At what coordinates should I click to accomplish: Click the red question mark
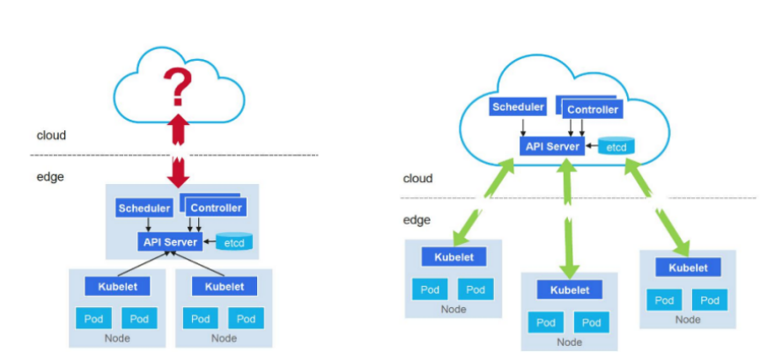click(x=177, y=86)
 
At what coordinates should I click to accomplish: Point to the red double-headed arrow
click(x=179, y=151)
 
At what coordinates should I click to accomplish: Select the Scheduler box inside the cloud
click(x=518, y=107)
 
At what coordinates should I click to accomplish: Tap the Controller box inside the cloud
click(x=593, y=110)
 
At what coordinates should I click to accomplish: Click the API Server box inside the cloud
click(x=552, y=146)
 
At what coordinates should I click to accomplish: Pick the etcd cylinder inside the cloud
click(x=616, y=145)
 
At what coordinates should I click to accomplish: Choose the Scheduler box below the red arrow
click(x=144, y=209)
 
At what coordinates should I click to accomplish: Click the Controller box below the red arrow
click(x=216, y=209)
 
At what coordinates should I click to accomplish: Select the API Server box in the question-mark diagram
click(x=170, y=242)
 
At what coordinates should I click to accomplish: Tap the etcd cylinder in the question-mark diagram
click(x=234, y=241)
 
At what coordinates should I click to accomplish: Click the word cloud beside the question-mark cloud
click(x=51, y=136)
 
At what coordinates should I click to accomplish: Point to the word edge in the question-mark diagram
click(x=50, y=177)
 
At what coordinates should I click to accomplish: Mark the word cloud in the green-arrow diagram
click(x=417, y=179)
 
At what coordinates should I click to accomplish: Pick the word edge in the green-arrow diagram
click(x=417, y=220)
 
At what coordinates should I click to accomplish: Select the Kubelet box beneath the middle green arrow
click(x=570, y=290)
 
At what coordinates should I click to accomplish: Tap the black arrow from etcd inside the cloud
click(x=592, y=145)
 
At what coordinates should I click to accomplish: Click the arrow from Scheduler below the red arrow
click(x=149, y=224)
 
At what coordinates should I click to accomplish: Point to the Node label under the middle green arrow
click(x=569, y=342)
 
